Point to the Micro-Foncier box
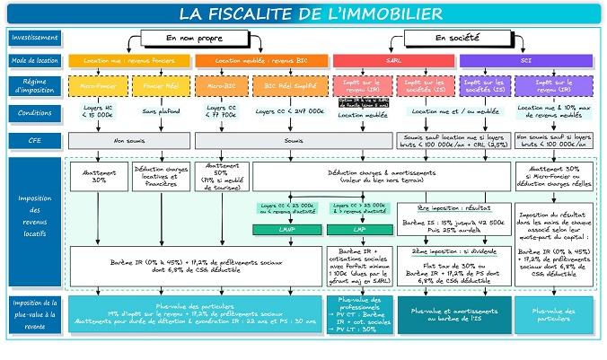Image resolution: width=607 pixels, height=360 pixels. (99, 86)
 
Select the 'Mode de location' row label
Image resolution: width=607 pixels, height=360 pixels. (35, 61)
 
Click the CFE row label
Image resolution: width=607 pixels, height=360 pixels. (35, 141)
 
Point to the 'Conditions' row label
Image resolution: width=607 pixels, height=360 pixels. (35, 113)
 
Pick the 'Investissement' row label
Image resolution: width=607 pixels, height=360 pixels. (35, 39)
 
